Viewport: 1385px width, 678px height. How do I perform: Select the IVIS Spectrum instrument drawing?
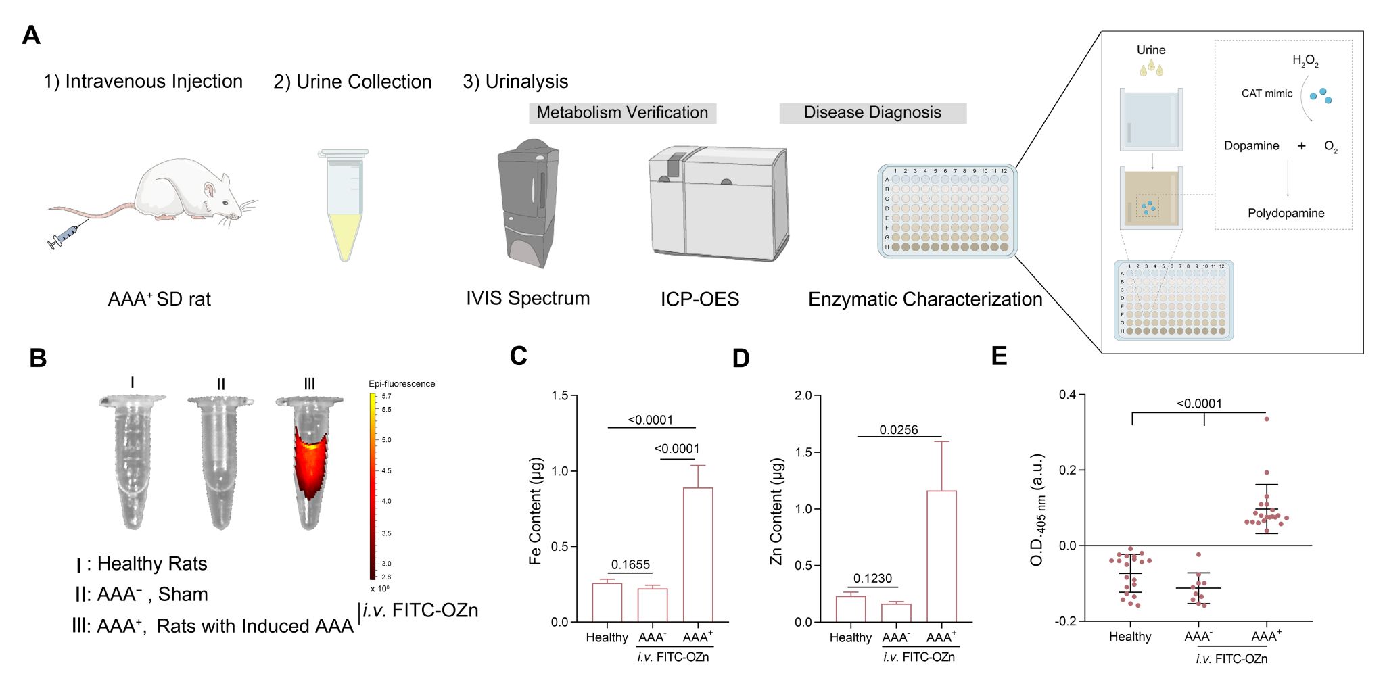pyautogui.click(x=528, y=203)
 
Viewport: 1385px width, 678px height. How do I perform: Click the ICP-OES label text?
pyautogui.click(x=699, y=299)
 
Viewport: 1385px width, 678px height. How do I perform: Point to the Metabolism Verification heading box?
pyautogui.click(x=622, y=113)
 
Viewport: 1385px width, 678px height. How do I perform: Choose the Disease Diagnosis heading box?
pyautogui.click(x=872, y=113)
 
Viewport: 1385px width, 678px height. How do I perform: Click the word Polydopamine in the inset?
pyautogui.click(x=1286, y=213)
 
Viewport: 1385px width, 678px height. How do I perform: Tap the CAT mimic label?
pyautogui.click(x=1267, y=93)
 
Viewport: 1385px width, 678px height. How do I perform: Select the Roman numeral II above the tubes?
pyautogui.click(x=221, y=384)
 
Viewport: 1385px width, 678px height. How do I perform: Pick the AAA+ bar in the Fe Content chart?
pyautogui.click(x=698, y=554)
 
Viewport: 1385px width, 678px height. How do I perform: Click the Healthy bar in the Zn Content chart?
pyautogui.click(x=850, y=608)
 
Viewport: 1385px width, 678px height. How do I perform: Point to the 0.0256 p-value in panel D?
pyautogui.click(x=898, y=430)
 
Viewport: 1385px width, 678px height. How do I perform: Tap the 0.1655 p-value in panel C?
pyautogui.click(x=630, y=564)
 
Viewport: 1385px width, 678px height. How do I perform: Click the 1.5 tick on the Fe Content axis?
pyautogui.click(x=560, y=395)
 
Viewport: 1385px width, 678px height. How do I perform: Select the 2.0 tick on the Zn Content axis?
pyautogui.click(x=803, y=395)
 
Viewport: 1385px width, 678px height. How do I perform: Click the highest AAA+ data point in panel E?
pyautogui.click(x=1267, y=419)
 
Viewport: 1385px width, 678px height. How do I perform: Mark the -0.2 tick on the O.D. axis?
pyautogui.click(x=1066, y=621)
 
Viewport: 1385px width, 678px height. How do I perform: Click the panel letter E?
pyautogui.click(x=1000, y=356)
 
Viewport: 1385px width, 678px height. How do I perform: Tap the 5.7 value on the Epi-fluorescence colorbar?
pyautogui.click(x=386, y=396)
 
